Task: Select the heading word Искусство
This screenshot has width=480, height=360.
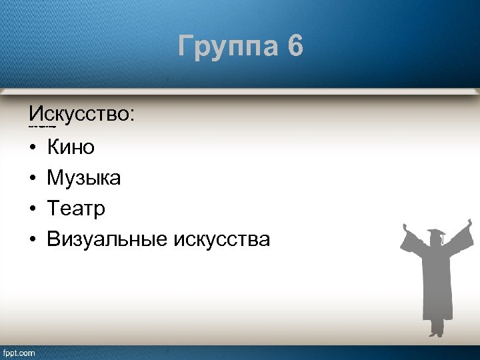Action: click(x=79, y=113)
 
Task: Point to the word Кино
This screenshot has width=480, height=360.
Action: click(x=71, y=147)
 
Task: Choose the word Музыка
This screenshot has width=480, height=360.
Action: click(x=83, y=178)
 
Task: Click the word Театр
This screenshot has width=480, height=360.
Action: click(x=76, y=209)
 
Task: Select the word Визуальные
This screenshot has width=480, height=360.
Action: click(x=107, y=239)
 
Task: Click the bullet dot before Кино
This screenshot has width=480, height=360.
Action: click(x=32, y=147)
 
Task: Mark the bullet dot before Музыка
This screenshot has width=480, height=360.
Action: click(x=32, y=178)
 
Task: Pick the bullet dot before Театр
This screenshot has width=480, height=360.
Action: click(x=32, y=209)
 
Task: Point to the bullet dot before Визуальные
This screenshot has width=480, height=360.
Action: click(x=32, y=240)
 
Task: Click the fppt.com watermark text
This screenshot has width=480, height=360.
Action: click(x=19, y=353)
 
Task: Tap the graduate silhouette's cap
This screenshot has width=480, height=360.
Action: click(x=436, y=233)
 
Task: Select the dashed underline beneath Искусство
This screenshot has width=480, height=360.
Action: click(x=41, y=126)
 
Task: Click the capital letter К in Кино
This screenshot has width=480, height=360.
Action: click(x=53, y=147)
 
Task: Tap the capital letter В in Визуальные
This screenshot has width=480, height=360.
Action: click(x=53, y=239)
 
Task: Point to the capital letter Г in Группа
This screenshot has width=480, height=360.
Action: click(x=186, y=47)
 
